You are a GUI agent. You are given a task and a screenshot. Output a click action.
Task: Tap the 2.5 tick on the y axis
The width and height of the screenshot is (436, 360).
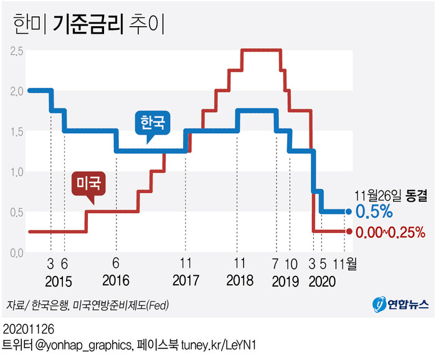(x=17, y=50)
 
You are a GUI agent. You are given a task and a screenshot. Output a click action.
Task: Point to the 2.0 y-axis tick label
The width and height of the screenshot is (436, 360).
(x=17, y=91)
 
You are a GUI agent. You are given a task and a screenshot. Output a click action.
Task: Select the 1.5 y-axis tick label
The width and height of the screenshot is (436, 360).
(x=17, y=131)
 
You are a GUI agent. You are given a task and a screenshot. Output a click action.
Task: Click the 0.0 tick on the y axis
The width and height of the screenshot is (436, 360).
(x=17, y=252)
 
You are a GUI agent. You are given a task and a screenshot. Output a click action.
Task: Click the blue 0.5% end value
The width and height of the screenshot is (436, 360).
(x=374, y=211)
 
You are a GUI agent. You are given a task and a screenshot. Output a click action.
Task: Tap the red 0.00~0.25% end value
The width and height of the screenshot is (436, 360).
(x=390, y=233)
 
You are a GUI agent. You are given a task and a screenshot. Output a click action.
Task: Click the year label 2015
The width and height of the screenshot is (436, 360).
(x=59, y=280)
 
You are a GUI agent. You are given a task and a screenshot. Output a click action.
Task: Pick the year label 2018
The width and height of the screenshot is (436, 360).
(x=240, y=280)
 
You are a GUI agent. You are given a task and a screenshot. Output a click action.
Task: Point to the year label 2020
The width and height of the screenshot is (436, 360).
(x=321, y=280)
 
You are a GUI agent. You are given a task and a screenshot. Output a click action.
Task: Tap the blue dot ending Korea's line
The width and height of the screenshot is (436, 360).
(x=346, y=212)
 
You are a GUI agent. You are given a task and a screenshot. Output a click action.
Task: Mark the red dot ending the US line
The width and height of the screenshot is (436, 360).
(x=346, y=232)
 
